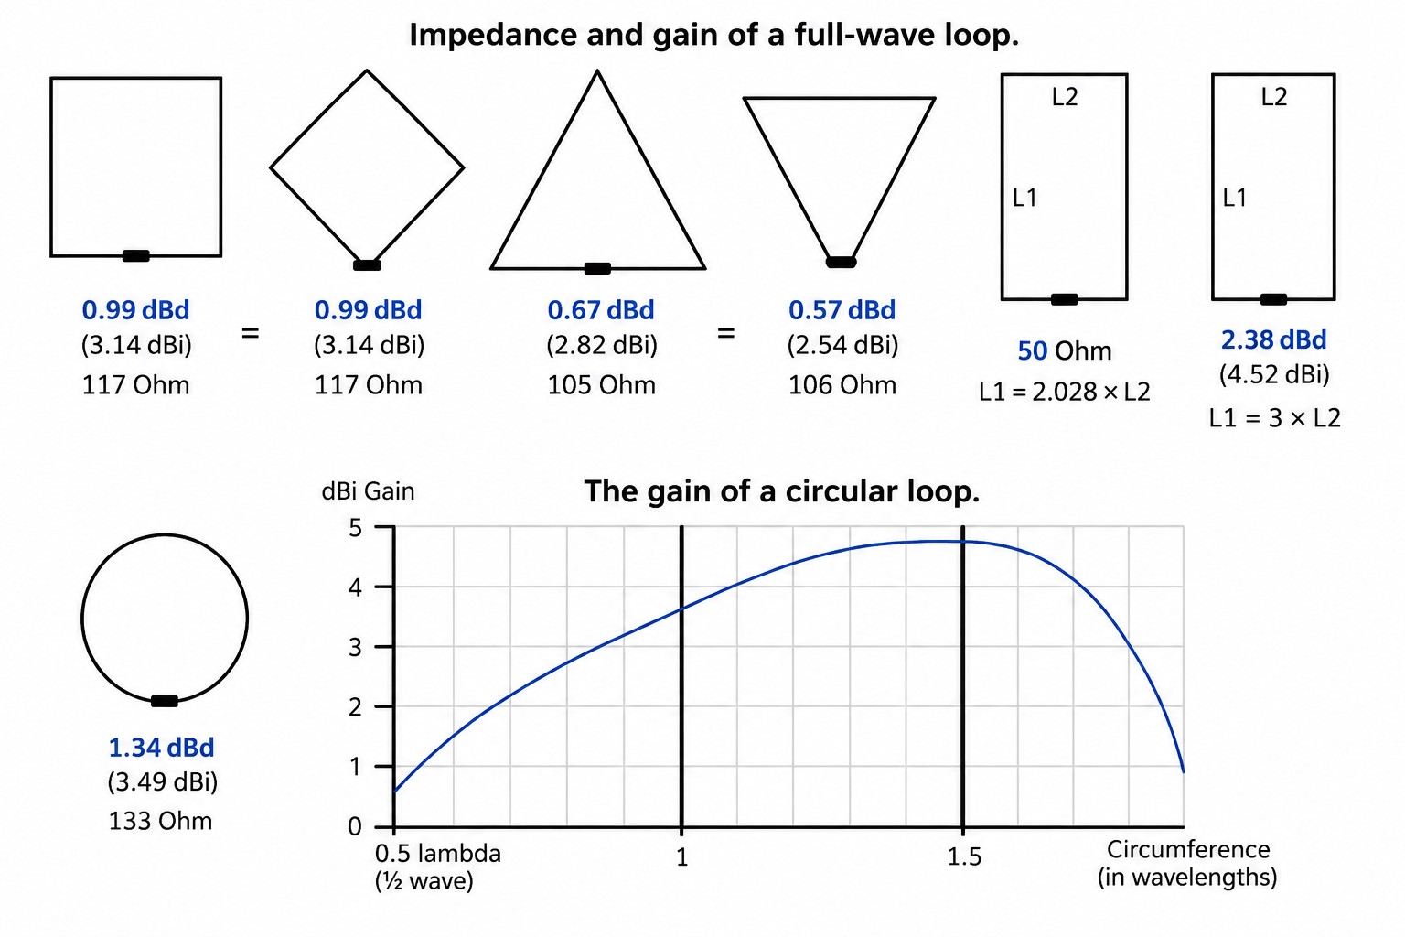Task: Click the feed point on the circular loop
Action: pos(165,701)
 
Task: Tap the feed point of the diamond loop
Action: pos(367,264)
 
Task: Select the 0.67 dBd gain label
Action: pos(601,309)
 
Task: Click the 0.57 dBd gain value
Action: pos(842,309)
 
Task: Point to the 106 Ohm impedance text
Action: pos(842,384)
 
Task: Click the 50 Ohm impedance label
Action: pos(1065,350)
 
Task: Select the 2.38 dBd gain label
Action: pos(1274,339)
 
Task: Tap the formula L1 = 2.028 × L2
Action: pos(1065,393)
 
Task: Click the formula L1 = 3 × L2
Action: pos(1274,418)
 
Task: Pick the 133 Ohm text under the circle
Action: pos(161,821)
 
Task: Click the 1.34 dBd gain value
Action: pos(161,747)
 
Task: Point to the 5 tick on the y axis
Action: pos(356,528)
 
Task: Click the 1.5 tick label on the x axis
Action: pos(963,856)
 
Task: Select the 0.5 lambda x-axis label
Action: pos(438,854)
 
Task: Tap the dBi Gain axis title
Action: pos(369,490)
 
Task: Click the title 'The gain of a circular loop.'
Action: pos(781,490)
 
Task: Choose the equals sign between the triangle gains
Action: pos(725,333)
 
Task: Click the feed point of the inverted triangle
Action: pos(841,262)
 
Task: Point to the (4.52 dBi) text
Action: pos(1274,374)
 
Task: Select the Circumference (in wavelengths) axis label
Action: pos(1187,863)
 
